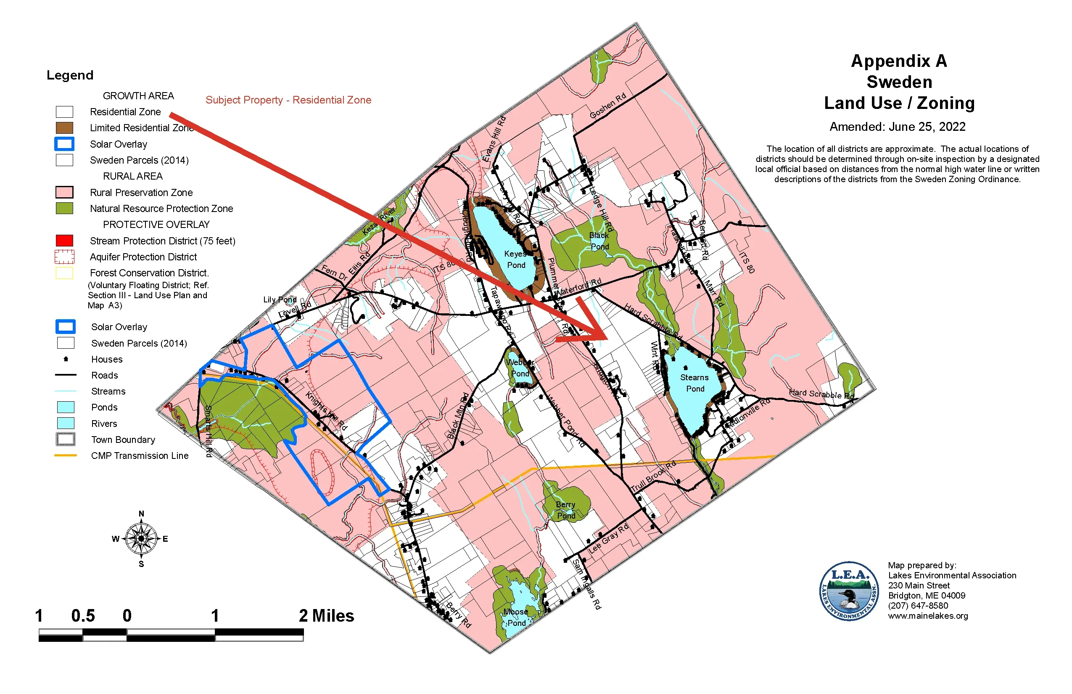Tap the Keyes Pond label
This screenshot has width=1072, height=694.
click(x=516, y=260)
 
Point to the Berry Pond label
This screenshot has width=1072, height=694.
click(x=565, y=510)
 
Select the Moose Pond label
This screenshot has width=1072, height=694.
click(x=516, y=617)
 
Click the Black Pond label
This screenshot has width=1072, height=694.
click(x=599, y=241)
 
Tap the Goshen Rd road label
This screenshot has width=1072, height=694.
click(x=607, y=106)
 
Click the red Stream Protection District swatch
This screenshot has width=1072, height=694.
click(x=64, y=241)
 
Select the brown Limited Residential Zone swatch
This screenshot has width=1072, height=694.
click(x=64, y=128)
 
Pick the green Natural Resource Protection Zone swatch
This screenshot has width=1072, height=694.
click(x=64, y=208)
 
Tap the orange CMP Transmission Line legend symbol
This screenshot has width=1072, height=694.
click(x=65, y=456)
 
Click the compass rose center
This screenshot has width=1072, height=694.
click(x=141, y=538)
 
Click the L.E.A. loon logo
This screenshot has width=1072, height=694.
click(x=849, y=591)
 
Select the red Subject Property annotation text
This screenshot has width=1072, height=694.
click(x=288, y=100)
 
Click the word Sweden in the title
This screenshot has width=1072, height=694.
click(x=899, y=82)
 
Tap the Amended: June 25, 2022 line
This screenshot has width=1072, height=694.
click(x=897, y=127)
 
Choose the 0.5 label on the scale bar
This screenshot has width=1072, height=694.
click(x=83, y=616)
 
